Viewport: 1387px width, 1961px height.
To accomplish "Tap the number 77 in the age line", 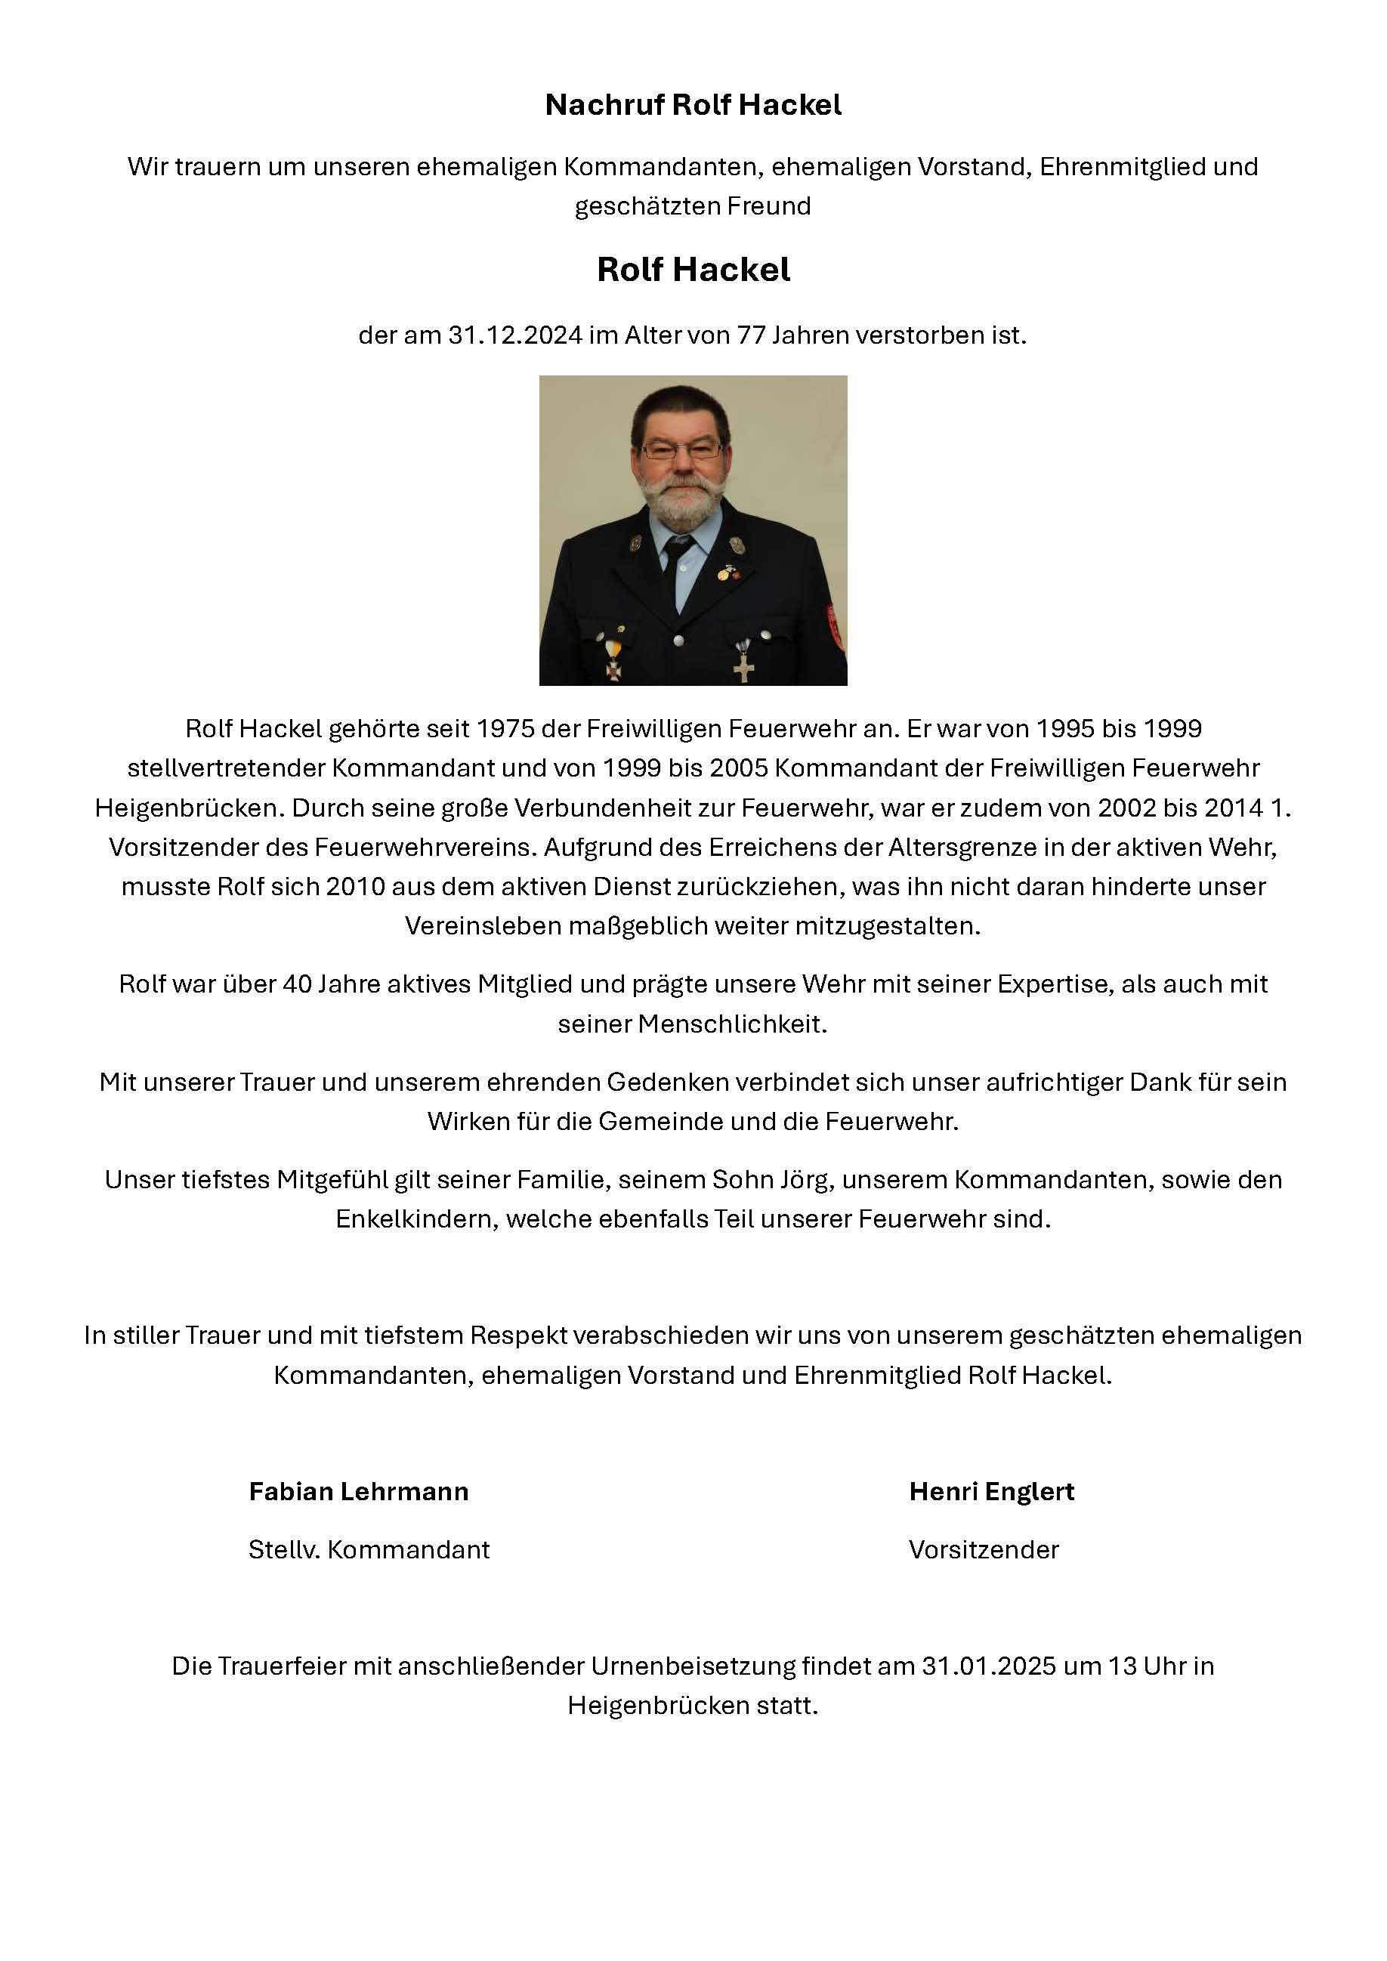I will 750,335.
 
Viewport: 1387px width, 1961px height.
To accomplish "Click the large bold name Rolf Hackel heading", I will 693,270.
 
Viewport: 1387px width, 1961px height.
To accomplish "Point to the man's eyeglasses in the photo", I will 681,449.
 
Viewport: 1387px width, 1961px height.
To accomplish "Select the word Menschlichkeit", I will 732,1024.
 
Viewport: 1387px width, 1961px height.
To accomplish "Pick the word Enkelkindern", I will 416,1218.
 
